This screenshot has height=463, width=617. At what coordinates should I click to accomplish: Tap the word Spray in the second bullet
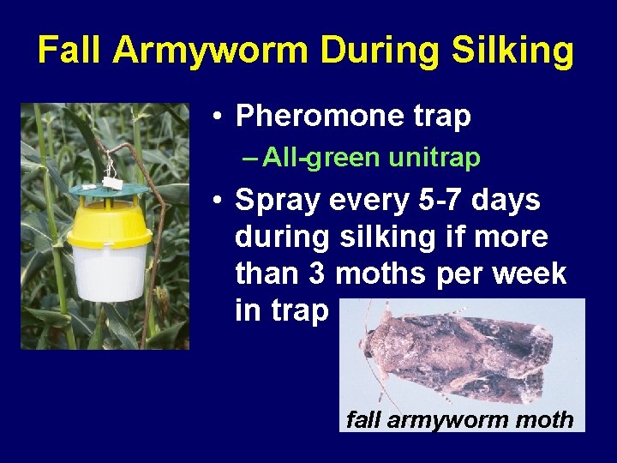[x=273, y=201]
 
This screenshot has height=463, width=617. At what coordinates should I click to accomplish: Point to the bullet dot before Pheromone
[x=220, y=117]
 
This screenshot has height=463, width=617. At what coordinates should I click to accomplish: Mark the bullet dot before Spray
[x=220, y=201]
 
